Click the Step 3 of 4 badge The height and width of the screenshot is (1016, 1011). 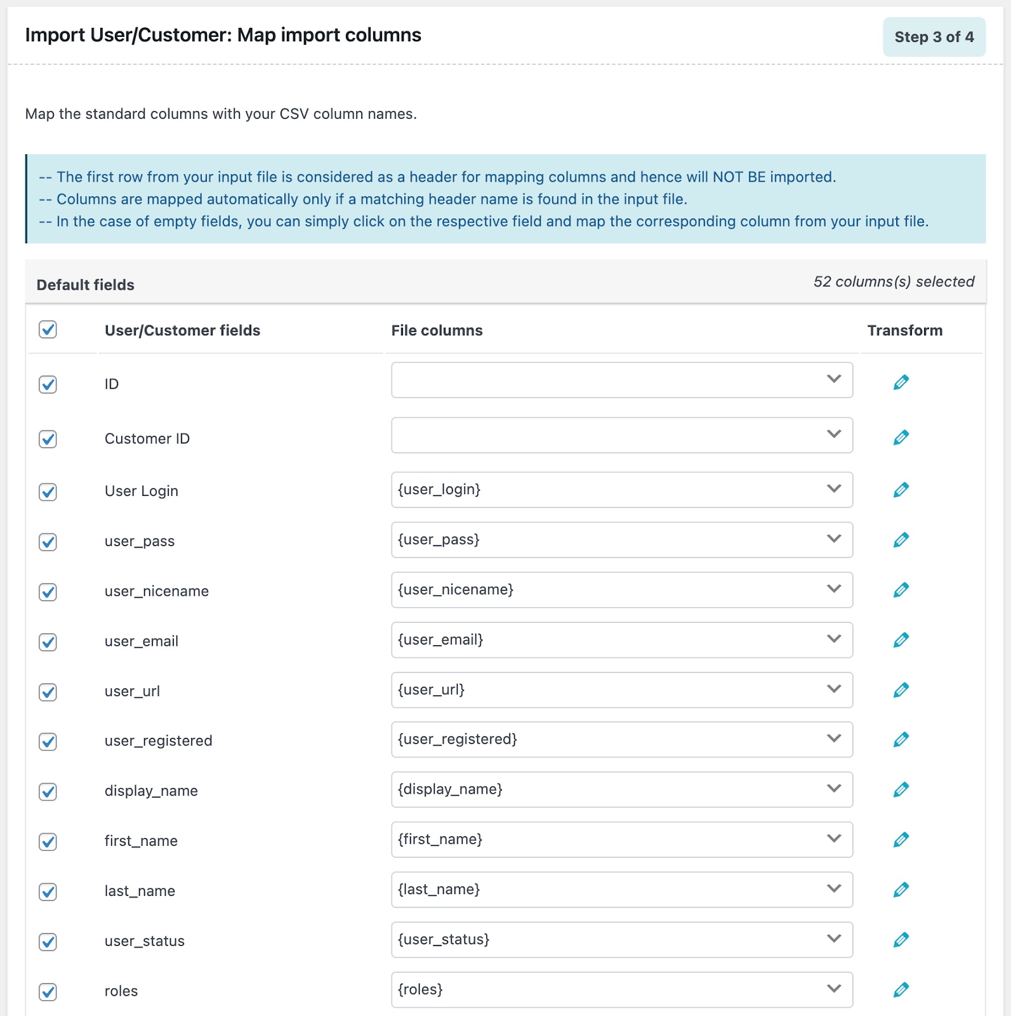[x=934, y=37]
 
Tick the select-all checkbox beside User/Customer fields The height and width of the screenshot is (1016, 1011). [x=48, y=330]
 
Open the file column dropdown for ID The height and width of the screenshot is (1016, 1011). [x=621, y=380]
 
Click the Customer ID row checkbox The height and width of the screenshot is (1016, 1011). [x=48, y=439]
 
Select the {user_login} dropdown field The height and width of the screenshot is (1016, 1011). [x=621, y=490]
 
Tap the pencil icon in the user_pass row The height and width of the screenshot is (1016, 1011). [x=901, y=540]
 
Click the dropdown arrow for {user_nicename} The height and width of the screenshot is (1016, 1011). [x=834, y=589]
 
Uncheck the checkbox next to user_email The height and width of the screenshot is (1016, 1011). [x=48, y=642]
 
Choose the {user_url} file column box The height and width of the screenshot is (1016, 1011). [x=621, y=690]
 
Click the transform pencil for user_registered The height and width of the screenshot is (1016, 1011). [x=901, y=740]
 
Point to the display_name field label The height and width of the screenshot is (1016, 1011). [x=151, y=791]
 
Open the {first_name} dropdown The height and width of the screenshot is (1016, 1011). [x=621, y=839]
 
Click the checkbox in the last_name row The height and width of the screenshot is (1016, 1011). [x=48, y=892]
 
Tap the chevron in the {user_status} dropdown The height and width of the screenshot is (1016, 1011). [x=834, y=939]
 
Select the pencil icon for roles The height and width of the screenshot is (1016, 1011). [x=901, y=990]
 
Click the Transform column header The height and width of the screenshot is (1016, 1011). [x=904, y=330]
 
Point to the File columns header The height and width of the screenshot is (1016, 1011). [x=437, y=330]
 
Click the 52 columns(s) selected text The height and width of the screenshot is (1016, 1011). [x=894, y=282]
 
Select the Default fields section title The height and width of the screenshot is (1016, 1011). [x=86, y=285]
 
